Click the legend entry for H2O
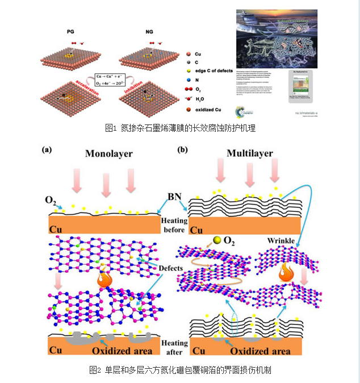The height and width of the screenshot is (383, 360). (x=199, y=99)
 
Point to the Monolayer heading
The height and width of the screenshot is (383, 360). (x=109, y=154)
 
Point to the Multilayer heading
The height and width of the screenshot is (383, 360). (x=250, y=153)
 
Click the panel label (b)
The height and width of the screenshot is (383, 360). (x=183, y=150)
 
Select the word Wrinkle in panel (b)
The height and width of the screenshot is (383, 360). (x=281, y=241)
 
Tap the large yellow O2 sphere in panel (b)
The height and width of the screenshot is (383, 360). (x=216, y=240)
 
